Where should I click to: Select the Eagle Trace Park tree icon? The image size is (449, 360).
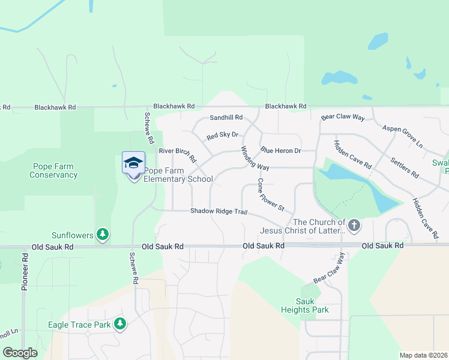[120, 324]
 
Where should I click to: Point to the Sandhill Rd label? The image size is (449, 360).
[226, 118]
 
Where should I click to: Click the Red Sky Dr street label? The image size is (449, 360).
[223, 136]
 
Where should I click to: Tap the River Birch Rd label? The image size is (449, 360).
[177, 155]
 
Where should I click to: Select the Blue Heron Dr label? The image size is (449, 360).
[280, 151]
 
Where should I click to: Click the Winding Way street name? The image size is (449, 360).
[255, 158]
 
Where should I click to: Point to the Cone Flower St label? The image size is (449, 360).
[271, 194]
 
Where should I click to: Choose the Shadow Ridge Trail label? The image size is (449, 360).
[218, 211]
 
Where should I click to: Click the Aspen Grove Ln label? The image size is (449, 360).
[403, 137]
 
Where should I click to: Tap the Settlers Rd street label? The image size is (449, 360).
[404, 167]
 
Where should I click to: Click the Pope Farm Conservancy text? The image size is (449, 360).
[53, 170]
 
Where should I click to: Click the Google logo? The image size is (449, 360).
[20, 353]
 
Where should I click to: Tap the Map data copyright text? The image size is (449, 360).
[423, 355]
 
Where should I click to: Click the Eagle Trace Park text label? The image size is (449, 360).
[79, 325]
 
